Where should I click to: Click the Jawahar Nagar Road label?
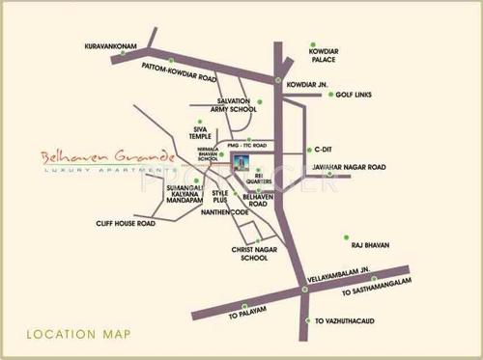[350, 167]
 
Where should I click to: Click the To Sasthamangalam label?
[375, 291]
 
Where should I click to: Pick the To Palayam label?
[244, 316]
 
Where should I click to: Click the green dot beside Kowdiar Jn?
[278, 80]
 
